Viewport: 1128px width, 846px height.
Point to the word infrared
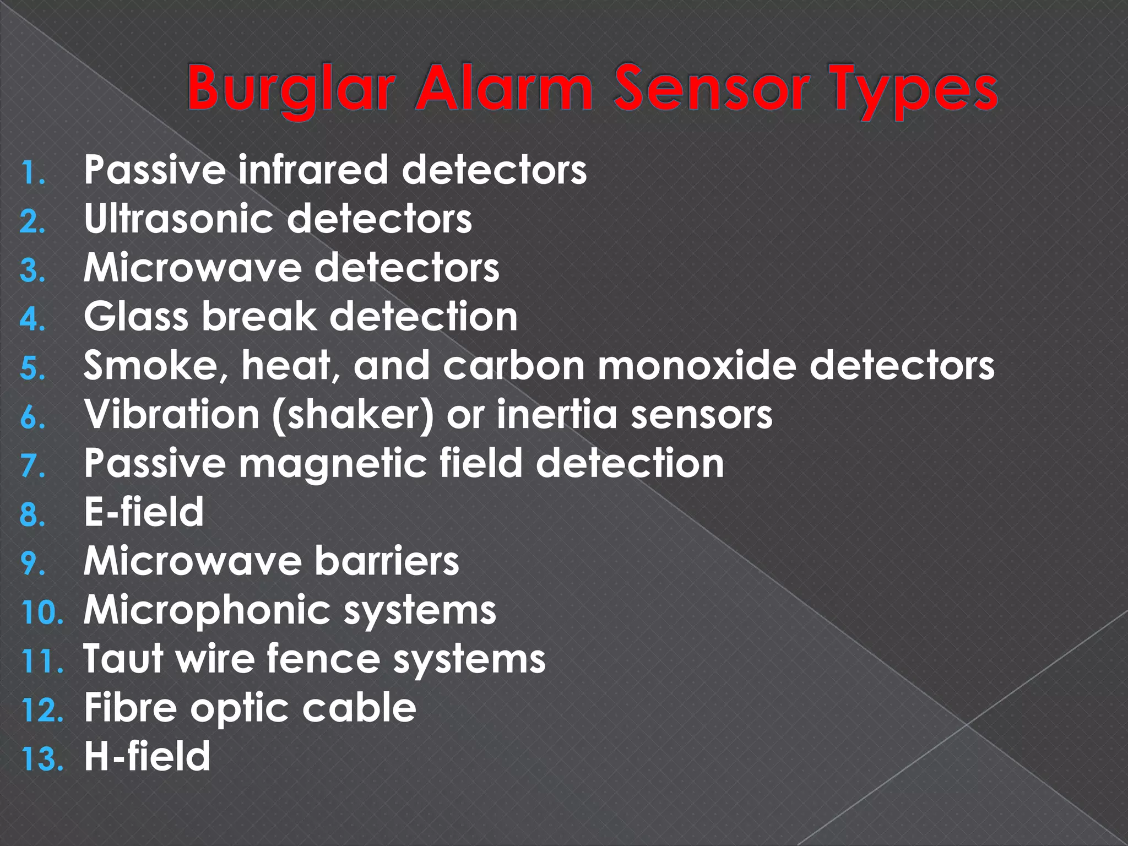(313, 170)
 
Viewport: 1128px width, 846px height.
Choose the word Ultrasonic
(178, 219)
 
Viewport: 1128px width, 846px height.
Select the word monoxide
(697, 365)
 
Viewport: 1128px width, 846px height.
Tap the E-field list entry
(144, 512)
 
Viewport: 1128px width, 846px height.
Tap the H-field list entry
(147, 756)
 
